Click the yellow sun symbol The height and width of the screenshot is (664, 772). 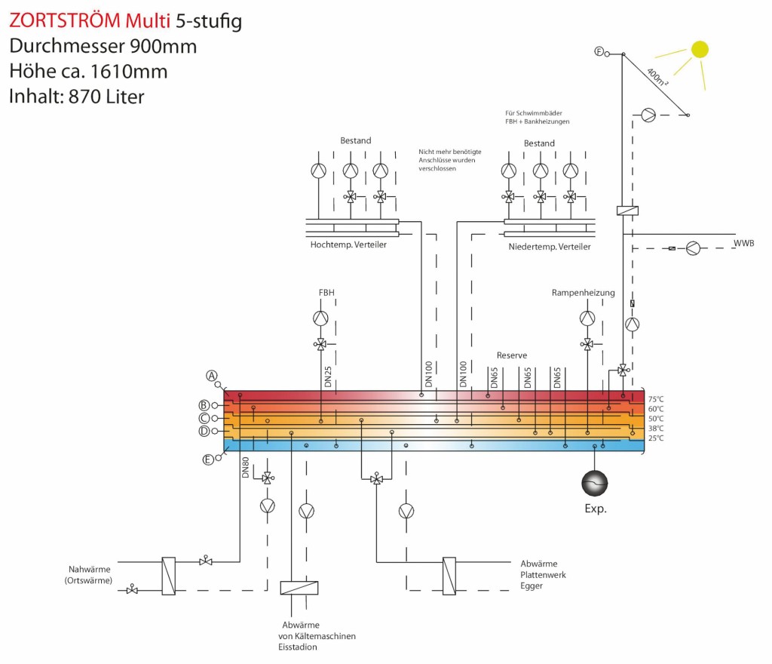700,49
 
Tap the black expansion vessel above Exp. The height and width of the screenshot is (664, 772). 595,481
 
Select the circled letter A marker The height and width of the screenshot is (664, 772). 213,375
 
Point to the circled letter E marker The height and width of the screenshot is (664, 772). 209,459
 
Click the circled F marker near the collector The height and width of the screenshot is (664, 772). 599,51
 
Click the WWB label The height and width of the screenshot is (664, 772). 744,243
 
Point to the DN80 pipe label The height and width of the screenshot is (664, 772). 246,468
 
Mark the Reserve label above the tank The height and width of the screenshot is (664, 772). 512,355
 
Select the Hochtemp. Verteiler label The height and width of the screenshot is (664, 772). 348,245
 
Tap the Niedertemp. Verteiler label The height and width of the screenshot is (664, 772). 550,247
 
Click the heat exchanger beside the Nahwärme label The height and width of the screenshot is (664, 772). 169,576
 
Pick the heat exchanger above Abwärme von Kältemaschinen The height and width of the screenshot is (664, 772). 299,588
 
